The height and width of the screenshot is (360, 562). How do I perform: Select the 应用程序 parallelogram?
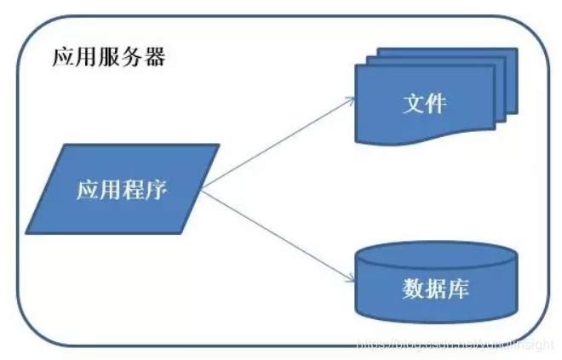pos(122,189)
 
